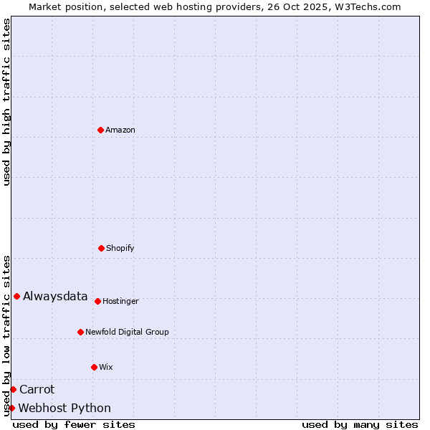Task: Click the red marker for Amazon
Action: click(100, 130)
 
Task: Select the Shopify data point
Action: click(101, 248)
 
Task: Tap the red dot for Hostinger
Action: click(97, 301)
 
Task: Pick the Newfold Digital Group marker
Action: click(80, 332)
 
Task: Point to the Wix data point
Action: click(94, 367)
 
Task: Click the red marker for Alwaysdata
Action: click(16, 296)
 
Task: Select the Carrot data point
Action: click(13, 389)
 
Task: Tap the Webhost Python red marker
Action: click(11, 408)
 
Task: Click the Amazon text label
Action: click(120, 130)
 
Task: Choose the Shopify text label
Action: click(120, 248)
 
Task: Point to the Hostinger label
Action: click(120, 301)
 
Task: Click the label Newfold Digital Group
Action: click(127, 332)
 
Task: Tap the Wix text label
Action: click(106, 367)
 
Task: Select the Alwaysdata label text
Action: click(55, 296)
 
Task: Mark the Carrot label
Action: click(37, 389)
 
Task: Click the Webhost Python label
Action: click(64, 408)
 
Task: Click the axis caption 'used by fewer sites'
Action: click(74, 424)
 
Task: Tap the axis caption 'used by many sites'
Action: click(360, 424)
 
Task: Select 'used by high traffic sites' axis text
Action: click(6, 102)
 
